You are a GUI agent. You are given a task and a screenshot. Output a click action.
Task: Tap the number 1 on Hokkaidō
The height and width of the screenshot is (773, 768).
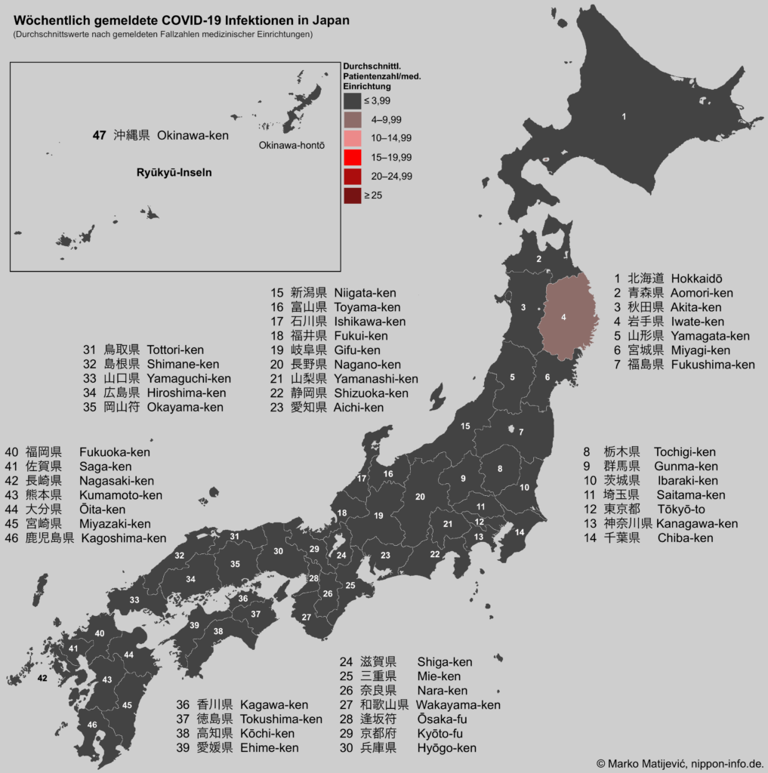[x=624, y=116]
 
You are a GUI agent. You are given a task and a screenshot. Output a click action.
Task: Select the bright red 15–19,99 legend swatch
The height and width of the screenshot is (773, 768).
[x=353, y=157]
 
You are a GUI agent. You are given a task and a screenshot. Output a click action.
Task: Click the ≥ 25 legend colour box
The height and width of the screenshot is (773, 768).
[x=353, y=196]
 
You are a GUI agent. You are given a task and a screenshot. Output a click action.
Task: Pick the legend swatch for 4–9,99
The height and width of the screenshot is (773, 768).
[x=353, y=119]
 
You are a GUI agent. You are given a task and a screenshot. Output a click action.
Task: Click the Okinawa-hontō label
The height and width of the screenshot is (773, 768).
[x=291, y=145]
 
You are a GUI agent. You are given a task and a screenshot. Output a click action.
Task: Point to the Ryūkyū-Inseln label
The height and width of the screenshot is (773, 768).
[x=174, y=172]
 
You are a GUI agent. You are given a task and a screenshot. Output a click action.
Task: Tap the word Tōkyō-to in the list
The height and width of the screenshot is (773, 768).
[x=681, y=509]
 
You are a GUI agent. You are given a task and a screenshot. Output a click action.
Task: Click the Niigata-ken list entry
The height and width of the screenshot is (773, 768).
[x=365, y=293]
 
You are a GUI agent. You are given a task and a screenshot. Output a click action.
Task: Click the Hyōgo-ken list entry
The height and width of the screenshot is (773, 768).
[x=446, y=748]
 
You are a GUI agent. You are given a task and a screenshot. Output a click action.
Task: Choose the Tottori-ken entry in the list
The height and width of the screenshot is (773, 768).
[x=175, y=350]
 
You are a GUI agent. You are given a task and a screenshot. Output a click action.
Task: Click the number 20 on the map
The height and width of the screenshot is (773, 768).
[x=420, y=496]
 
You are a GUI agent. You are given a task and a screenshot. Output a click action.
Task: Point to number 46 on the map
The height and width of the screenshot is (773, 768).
[x=92, y=725]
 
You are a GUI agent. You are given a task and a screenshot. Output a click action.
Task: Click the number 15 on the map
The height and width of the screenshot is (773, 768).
[x=465, y=427]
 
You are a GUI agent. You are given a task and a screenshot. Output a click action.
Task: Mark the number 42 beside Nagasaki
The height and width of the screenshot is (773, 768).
[x=42, y=679]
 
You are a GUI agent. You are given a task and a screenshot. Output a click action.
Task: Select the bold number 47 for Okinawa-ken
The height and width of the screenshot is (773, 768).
[x=99, y=136]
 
